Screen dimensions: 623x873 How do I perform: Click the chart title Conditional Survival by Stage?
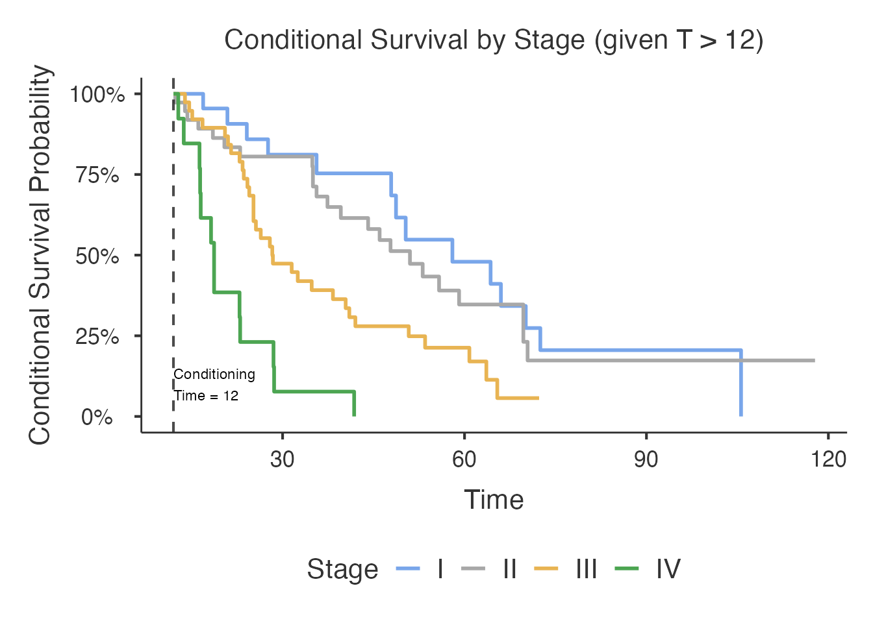pyautogui.click(x=494, y=40)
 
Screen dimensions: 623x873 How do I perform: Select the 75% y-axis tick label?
pyautogui.click(x=97, y=175)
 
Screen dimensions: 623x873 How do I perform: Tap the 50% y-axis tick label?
pyautogui.click(x=97, y=256)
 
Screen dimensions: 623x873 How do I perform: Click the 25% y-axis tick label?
pyautogui.click(x=97, y=337)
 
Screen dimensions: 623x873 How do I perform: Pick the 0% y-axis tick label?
pyautogui.click(x=97, y=417)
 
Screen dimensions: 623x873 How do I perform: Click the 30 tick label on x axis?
pyautogui.click(x=283, y=459)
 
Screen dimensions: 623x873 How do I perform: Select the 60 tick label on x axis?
pyautogui.click(x=464, y=459)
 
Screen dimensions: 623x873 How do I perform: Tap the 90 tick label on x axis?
pyautogui.click(x=646, y=459)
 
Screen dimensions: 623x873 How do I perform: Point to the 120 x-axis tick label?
pyautogui.click(x=829, y=459)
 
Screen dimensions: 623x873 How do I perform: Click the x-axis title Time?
pyautogui.click(x=494, y=500)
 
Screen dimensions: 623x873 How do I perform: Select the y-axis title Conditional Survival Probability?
pyautogui.click(x=40, y=255)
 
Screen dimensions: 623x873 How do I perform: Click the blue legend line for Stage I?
pyautogui.click(x=408, y=569)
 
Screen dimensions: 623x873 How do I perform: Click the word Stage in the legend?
pyautogui.click(x=342, y=569)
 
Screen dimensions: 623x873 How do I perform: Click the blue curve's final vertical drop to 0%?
pyautogui.click(x=741, y=386)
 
